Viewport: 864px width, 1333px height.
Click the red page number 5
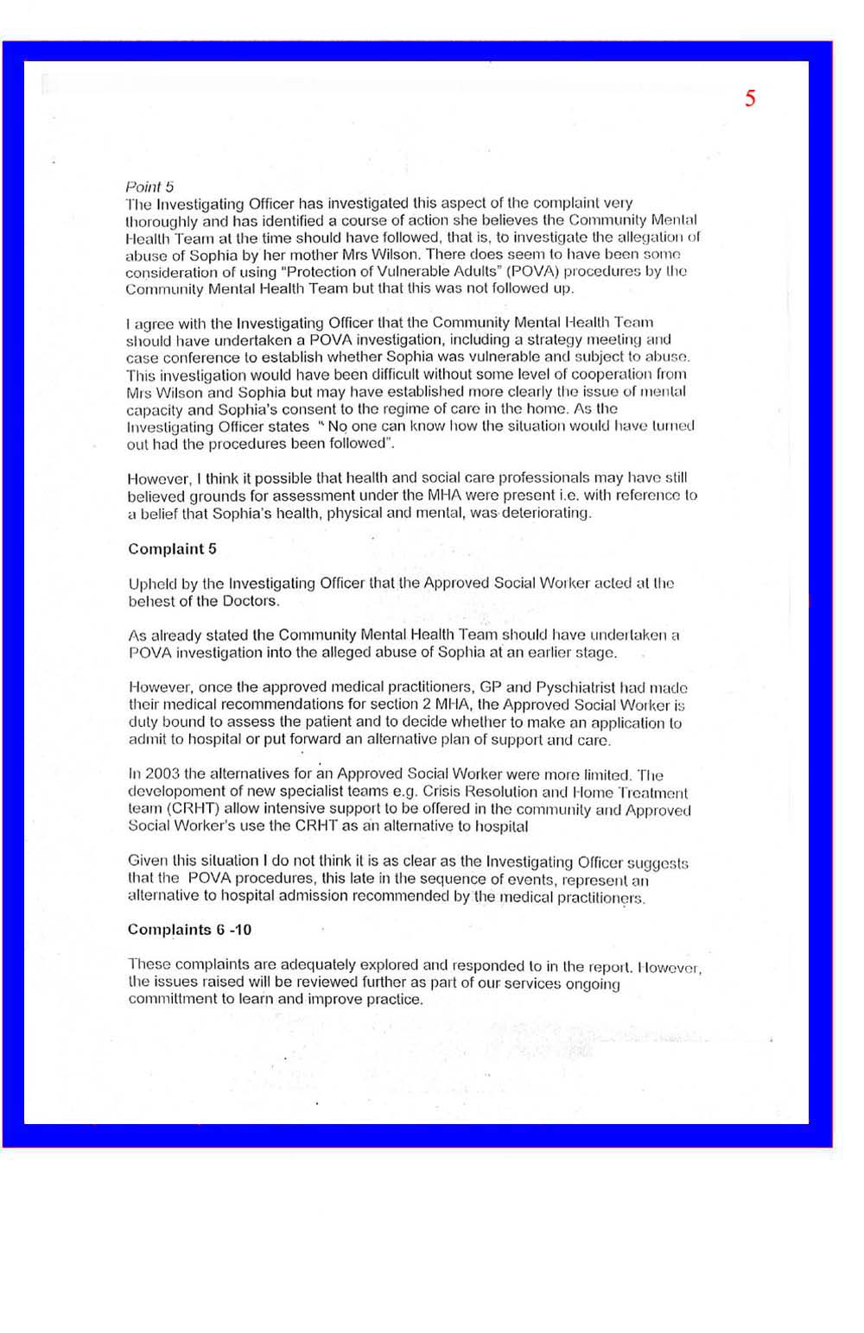click(x=750, y=98)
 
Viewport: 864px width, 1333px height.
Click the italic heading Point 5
click(x=149, y=186)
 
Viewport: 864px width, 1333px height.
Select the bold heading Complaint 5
click(x=172, y=549)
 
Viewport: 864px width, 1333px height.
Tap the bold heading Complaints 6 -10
click(x=189, y=930)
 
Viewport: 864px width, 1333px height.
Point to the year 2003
click(x=162, y=774)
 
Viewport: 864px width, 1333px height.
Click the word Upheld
click(x=151, y=584)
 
